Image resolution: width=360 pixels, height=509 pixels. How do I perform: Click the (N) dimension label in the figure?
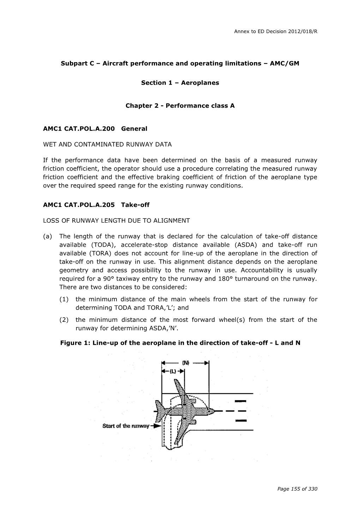point(186,363)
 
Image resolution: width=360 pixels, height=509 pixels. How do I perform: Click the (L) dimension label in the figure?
point(173,371)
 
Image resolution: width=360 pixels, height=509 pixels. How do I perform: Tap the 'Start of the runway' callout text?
point(126,426)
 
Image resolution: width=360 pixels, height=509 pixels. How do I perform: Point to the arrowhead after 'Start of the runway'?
point(157,426)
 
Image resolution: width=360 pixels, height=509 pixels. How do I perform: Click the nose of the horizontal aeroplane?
point(213,411)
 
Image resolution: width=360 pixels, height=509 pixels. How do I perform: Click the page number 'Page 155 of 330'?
point(297,489)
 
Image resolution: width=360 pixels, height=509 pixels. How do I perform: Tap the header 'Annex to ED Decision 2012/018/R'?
point(276,31)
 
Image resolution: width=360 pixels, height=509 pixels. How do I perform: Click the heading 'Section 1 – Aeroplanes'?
point(180,83)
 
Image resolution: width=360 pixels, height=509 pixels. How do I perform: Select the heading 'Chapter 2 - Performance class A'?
point(180,106)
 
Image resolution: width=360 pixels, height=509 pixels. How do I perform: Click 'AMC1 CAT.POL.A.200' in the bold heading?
point(79,129)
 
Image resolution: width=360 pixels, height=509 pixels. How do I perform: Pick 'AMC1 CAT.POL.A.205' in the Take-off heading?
point(79,205)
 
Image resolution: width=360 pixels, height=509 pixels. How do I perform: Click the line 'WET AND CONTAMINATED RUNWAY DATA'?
point(107,144)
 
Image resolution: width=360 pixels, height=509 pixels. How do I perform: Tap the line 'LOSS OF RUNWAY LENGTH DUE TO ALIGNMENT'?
point(116,221)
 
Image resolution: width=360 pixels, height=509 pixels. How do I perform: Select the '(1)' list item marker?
point(64,299)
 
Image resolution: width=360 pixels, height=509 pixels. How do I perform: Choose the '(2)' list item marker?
point(64,320)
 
